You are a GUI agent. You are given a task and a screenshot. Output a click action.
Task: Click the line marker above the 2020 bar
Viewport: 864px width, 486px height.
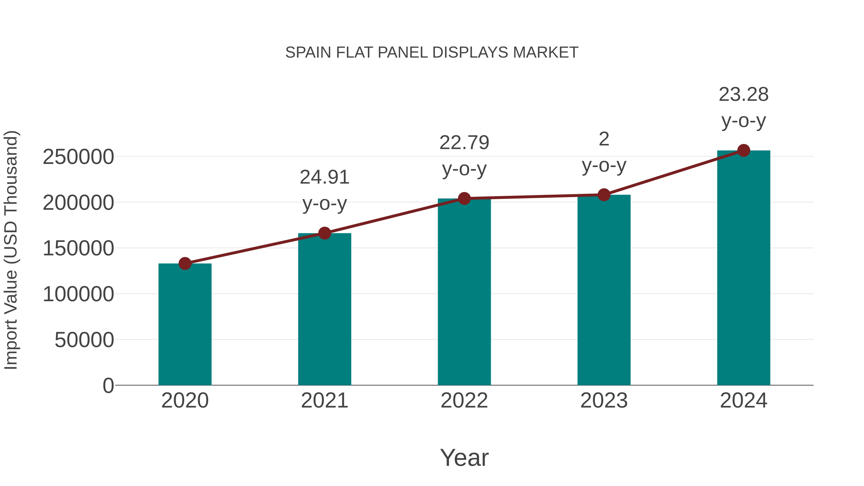pyautogui.click(x=185, y=264)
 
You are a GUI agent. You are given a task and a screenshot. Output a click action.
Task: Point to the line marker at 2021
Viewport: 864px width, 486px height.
pyautogui.click(x=324, y=233)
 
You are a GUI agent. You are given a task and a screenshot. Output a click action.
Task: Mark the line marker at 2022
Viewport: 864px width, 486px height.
pyautogui.click(x=464, y=198)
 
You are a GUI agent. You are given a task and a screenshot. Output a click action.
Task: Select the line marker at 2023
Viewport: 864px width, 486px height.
pyautogui.click(x=604, y=195)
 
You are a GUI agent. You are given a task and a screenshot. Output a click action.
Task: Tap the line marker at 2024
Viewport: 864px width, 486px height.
pyautogui.click(x=744, y=150)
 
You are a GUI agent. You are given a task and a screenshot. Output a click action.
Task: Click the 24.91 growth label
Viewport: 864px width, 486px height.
pyautogui.click(x=324, y=177)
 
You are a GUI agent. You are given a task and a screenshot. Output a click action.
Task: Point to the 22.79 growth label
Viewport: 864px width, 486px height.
pyautogui.click(x=464, y=143)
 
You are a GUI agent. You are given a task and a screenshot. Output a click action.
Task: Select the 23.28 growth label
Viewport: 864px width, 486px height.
pyautogui.click(x=744, y=94)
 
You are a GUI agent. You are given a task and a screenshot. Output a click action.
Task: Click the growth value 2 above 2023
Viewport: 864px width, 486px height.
pyautogui.click(x=604, y=139)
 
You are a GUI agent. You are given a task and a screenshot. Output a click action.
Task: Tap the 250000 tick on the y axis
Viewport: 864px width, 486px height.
pyautogui.click(x=78, y=157)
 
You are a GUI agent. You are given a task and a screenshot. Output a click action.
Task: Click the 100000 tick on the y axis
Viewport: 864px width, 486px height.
pyautogui.click(x=78, y=294)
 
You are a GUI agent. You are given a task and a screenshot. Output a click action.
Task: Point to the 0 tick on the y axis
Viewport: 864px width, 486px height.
pyautogui.click(x=108, y=385)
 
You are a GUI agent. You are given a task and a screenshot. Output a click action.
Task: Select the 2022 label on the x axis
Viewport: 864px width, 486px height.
pyautogui.click(x=464, y=401)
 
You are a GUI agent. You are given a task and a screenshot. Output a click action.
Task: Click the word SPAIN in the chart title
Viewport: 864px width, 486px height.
pyautogui.click(x=308, y=53)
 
